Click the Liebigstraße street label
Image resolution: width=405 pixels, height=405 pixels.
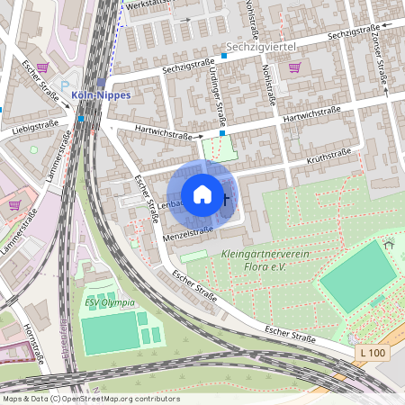(35, 129)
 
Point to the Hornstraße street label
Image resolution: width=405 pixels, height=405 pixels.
(35, 337)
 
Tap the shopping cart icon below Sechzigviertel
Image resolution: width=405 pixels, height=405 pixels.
(294, 67)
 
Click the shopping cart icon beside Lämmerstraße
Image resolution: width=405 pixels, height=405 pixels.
(14, 204)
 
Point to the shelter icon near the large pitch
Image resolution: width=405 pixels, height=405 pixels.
(388, 245)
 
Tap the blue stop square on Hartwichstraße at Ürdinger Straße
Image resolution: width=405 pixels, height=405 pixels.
(222, 132)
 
